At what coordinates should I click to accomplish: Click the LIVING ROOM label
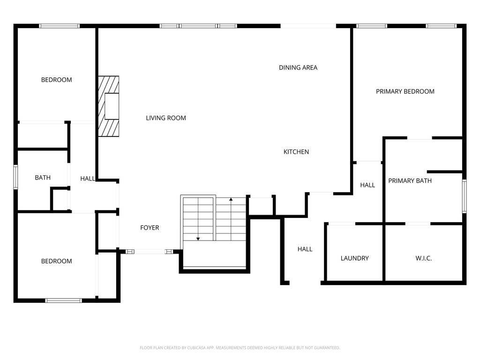pos(166,118)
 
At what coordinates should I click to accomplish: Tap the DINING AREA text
pos(298,67)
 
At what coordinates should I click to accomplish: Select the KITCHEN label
pos(296,152)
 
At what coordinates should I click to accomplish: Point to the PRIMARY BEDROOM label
pos(405,91)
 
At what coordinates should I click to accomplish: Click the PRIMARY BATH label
pos(410,181)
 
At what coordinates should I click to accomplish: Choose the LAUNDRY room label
pos(354,258)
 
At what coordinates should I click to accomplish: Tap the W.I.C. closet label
pos(424,258)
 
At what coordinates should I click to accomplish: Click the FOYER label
pos(150,228)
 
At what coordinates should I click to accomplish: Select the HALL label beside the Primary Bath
pos(367,185)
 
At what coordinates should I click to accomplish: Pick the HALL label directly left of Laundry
pos(305,249)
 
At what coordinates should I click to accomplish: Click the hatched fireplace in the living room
pos(108,106)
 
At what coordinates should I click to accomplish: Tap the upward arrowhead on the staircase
pos(231,200)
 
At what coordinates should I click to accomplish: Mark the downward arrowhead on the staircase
pos(198,239)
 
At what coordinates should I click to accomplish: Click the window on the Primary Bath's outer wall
pos(464,196)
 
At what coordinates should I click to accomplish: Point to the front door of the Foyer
pos(150,252)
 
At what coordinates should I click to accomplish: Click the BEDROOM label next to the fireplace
pos(57,80)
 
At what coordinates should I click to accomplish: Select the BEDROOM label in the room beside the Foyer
pos(57,261)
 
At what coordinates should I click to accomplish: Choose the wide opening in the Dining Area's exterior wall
pos(308,26)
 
